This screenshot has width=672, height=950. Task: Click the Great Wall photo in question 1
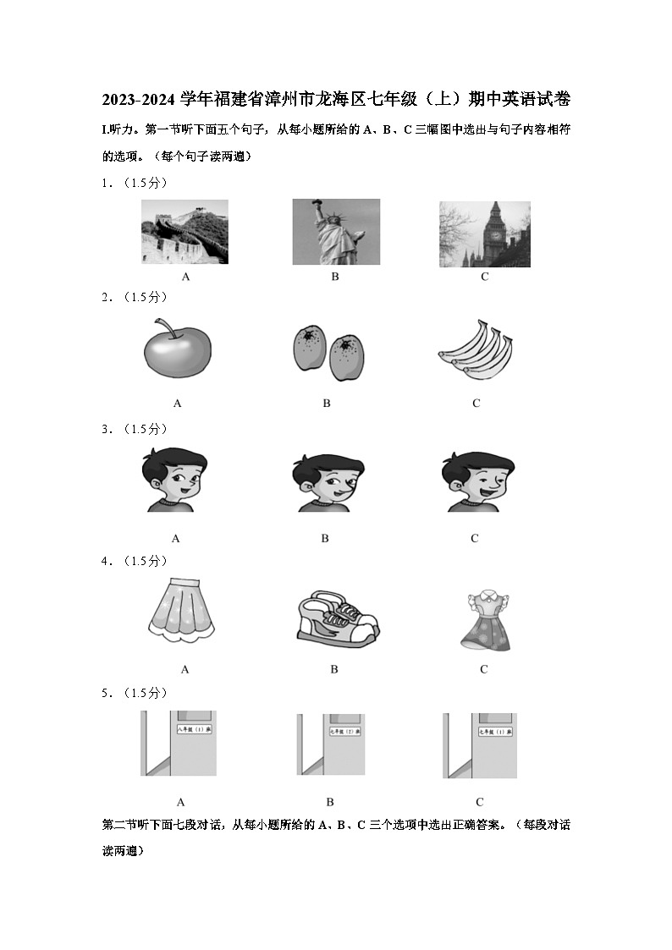pos(185,233)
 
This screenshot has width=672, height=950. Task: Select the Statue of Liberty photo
pos(335,232)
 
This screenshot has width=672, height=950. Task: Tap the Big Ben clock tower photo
pos(484,234)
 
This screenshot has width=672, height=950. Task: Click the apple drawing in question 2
pos(177,352)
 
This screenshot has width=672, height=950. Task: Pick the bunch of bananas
pos(476,351)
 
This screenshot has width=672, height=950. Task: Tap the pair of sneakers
pos(337,619)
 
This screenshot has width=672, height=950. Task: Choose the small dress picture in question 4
pos(486,622)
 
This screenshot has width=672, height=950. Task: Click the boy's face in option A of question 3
pos(175,480)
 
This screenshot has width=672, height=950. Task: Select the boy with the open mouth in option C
pos(477,480)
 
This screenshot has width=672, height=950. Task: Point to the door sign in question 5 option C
pos(495,731)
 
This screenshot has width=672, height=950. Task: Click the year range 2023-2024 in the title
pos(140,100)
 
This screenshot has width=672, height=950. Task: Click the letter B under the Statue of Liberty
pos(335,277)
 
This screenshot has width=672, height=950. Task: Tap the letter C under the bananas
pos(476,404)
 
